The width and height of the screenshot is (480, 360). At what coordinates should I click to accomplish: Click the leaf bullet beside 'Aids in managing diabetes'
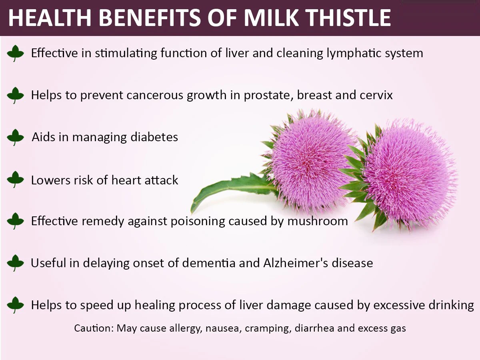point(16,137)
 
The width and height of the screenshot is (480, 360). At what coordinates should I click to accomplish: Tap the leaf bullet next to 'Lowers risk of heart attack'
point(16,180)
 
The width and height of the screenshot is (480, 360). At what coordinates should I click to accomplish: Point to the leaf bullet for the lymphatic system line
point(16,53)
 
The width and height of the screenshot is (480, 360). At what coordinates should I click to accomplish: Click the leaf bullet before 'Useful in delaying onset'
point(16,263)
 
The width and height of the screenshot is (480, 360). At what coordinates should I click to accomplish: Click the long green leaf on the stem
point(228,188)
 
